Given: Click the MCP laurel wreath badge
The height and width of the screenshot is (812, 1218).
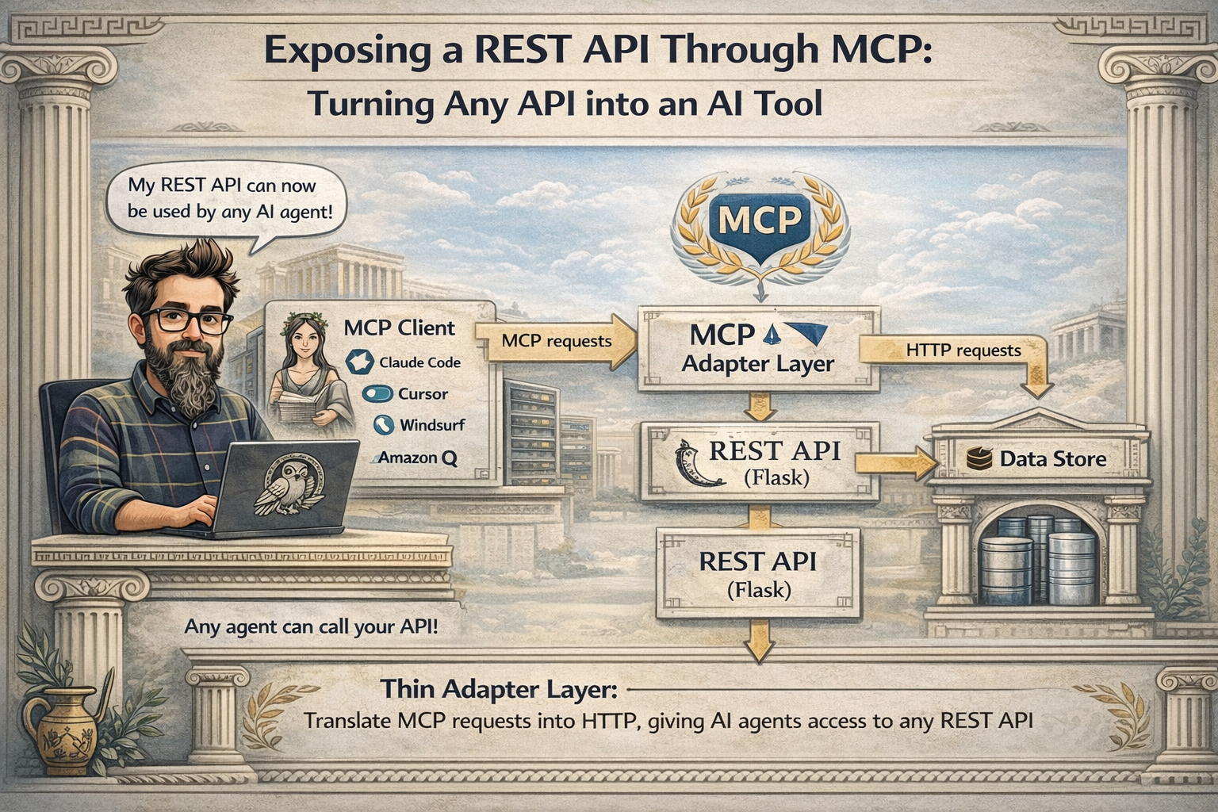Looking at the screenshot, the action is click(760, 228).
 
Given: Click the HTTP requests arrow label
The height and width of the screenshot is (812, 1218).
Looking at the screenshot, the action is click(963, 350).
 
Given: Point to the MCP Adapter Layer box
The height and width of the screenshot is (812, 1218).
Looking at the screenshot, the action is click(759, 349).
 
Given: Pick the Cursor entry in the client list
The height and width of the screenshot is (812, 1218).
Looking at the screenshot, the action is click(405, 394).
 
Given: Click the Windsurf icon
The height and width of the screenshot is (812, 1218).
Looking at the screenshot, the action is click(384, 425).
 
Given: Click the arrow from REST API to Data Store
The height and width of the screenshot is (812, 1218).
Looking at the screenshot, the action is click(895, 463).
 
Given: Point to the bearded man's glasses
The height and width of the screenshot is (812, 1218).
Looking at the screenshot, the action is click(186, 320).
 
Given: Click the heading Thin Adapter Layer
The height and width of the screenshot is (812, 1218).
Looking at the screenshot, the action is click(499, 689).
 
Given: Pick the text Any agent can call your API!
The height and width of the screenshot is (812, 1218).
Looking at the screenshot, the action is click(311, 627).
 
